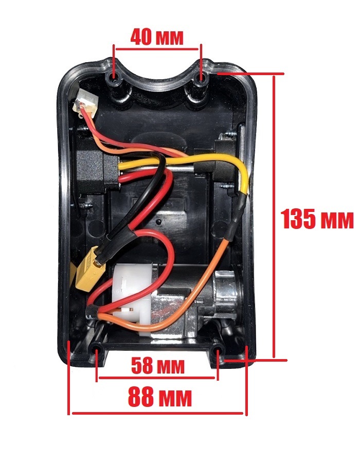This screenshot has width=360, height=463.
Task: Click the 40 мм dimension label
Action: [x=156, y=37]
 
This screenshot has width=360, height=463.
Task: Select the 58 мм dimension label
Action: [x=157, y=366]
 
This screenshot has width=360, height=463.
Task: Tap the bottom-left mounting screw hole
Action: [x=97, y=352]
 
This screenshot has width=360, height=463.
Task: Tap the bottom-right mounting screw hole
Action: [x=218, y=352]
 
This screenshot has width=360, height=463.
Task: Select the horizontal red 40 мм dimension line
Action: [x=157, y=49]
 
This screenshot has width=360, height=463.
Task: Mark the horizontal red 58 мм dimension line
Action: [x=157, y=379]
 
